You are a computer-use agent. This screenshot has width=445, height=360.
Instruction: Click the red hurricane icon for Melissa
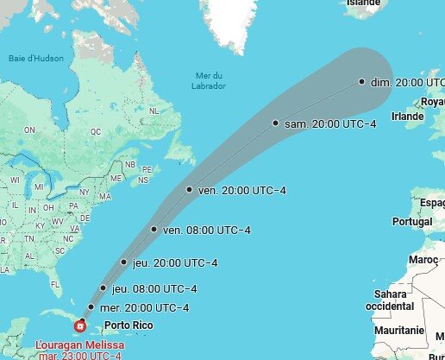pyautogui.click(x=80, y=325)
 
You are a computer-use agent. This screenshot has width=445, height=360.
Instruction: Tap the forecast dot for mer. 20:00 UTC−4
pyautogui.click(x=91, y=307)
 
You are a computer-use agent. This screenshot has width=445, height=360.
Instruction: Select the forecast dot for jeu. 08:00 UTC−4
pyautogui.click(x=103, y=288)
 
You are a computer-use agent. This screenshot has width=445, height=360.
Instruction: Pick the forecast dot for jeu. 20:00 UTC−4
pyautogui.click(x=124, y=262)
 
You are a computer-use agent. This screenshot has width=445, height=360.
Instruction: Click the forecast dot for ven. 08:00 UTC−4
pyautogui.click(x=154, y=230)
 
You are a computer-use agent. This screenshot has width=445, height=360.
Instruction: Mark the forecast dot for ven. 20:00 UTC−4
pyautogui.click(x=189, y=190)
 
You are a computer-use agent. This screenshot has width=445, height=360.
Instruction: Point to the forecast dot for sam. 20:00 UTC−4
pyautogui.click(x=276, y=123)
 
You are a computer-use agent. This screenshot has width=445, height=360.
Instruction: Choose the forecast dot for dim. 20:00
pyautogui.click(x=362, y=82)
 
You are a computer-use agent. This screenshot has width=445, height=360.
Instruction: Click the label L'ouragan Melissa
pyautogui.click(x=79, y=345)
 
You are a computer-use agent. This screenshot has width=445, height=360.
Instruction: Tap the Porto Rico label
pyautogui.click(x=128, y=325)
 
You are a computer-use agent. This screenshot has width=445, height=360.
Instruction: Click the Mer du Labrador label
pyautogui.click(x=211, y=81)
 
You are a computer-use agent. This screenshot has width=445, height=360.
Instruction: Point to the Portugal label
pyautogui.click(x=411, y=222)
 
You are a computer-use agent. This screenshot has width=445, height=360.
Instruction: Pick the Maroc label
pyautogui.click(x=423, y=260)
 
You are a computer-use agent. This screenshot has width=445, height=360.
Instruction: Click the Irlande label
pyautogui.click(x=408, y=116)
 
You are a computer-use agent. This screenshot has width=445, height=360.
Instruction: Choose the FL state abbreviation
pyautogui.click(x=56, y=284)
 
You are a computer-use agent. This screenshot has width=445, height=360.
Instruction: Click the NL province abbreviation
pyautogui.click(x=154, y=111)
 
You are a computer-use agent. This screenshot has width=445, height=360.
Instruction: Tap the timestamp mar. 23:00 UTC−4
pyautogui.click(x=79, y=356)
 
